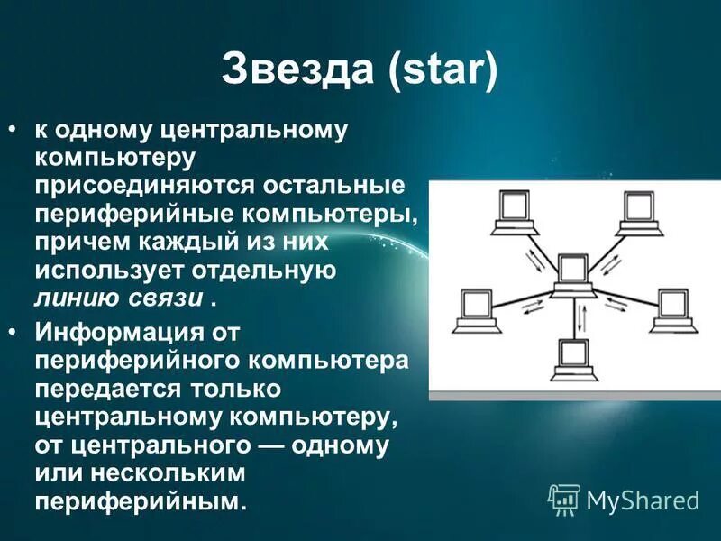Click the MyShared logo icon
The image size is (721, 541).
point(564,499)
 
